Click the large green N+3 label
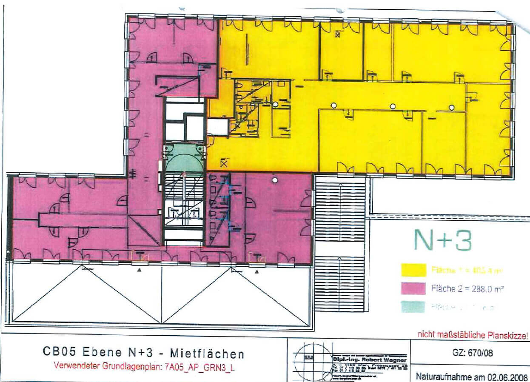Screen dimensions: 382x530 coord(442,241)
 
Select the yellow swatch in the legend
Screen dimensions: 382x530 coord(413,270)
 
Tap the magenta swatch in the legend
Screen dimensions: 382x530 coord(413,288)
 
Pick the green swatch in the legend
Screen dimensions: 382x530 coord(413,306)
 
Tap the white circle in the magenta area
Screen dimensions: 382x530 coord(275,180)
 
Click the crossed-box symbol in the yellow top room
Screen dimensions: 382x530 coord(337,34)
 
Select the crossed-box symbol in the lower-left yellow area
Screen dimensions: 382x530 coord(224,162)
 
